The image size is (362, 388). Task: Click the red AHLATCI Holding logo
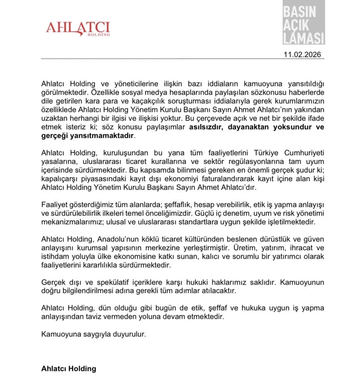click(x=78, y=28)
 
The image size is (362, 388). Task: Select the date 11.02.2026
click(x=304, y=55)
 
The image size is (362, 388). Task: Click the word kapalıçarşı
click(x=60, y=179)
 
